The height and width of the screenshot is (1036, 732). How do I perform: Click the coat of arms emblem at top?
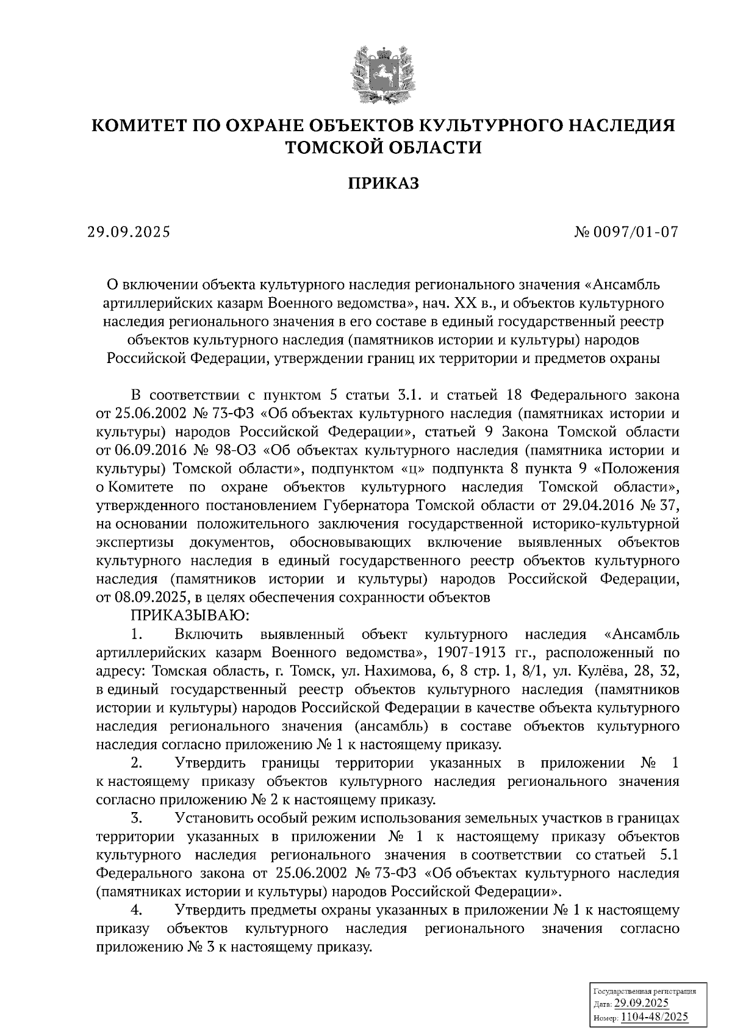click(x=384, y=72)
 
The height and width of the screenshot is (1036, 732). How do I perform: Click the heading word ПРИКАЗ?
click(x=384, y=183)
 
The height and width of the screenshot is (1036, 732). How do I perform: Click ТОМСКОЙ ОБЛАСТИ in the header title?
click(x=384, y=148)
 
